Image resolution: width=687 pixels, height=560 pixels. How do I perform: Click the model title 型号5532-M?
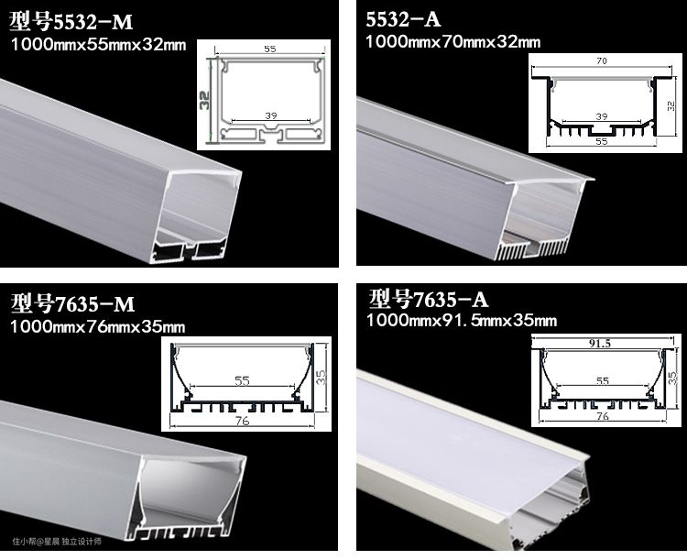click(71, 22)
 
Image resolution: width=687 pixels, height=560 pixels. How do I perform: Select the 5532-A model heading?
click(403, 20)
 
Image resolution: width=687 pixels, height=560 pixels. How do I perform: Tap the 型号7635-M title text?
click(72, 303)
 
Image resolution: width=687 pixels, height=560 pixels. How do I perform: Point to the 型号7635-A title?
click(428, 299)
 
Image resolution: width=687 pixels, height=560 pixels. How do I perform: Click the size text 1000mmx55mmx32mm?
click(98, 45)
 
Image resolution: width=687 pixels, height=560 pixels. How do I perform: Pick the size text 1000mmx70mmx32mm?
click(453, 42)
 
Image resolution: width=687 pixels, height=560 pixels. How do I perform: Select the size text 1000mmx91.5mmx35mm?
click(462, 321)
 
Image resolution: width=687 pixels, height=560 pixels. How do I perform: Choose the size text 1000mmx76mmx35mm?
click(98, 326)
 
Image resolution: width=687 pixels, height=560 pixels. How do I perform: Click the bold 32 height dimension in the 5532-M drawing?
click(204, 100)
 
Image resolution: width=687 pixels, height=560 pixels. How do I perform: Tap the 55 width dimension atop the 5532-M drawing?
click(270, 49)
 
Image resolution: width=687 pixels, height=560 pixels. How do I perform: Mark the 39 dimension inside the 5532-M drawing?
click(271, 115)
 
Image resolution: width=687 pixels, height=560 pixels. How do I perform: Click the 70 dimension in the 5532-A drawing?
click(602, 61)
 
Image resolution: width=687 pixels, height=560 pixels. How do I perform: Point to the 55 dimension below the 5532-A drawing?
click(602, 142)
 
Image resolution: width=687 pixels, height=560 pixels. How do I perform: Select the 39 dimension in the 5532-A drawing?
click(602, 116)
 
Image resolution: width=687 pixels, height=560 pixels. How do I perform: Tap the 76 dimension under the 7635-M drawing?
click(242, 421)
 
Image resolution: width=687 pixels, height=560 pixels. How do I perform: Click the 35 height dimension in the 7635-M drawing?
click(322, 377)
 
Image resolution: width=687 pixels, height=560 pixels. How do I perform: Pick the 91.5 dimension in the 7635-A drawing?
click(599, 344)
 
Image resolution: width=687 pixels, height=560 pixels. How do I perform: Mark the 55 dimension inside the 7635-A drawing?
click(603, 380)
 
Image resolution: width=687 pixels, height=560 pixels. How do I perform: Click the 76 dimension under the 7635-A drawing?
click(603, 416)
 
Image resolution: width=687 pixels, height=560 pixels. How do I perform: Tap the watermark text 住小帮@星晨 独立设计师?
click(57, 542)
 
